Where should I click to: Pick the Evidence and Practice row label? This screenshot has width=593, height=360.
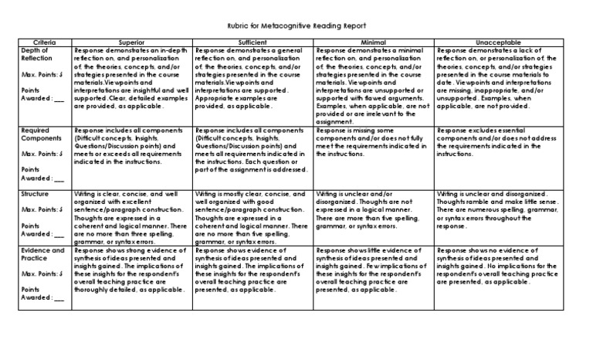click(42, 256)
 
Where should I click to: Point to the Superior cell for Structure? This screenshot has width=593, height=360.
click(131, 216)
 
